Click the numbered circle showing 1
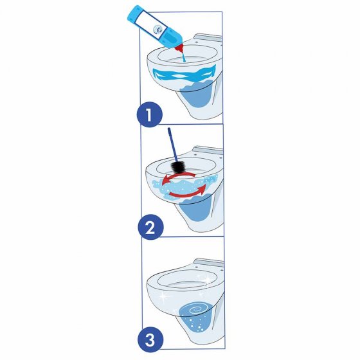click(x=148, y=116)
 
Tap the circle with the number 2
click(x=148, y=227)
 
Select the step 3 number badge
click(x=148, y=338)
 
